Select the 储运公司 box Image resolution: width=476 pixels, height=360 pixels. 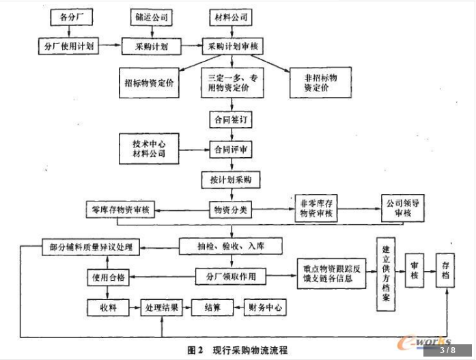pyautogui.click(x=152, y=16)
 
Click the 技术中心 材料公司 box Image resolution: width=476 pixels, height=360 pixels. pyautogui.click(x=149, y=149)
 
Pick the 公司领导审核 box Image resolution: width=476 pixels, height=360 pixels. pyautogui.click(x=403, y=209)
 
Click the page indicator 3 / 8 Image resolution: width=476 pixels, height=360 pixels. pyautogui.click(x=447, y=350)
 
